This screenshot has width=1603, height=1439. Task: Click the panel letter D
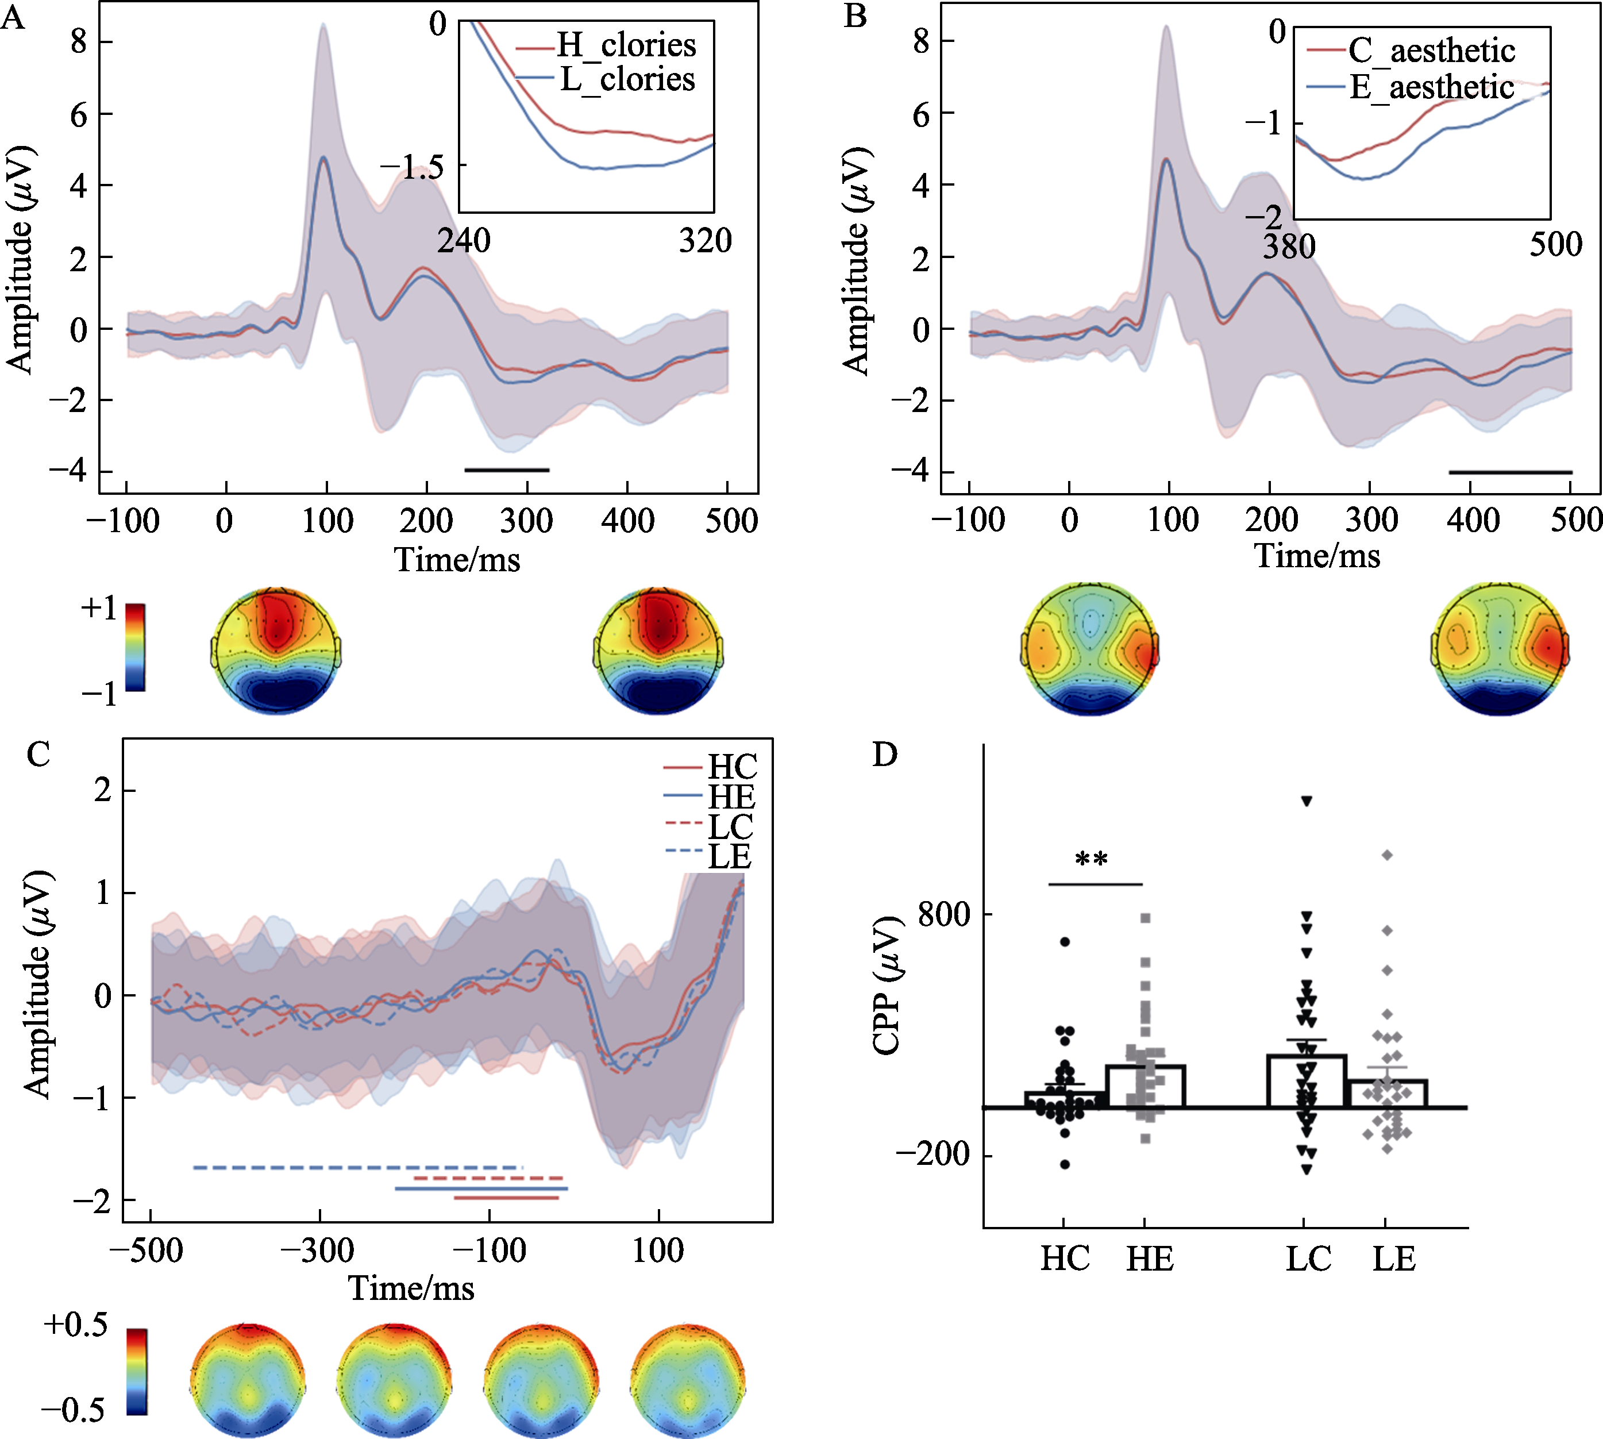(x=884, y=755)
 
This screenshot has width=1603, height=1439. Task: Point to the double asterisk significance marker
(x=1092, y=860)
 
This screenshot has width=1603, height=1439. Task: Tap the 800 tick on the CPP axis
(x=943, y=915)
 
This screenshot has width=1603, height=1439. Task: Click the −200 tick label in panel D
(x=932, y=1155)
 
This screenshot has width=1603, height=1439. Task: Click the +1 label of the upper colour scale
(x=99, y=608)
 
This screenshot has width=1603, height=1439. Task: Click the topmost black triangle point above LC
(x=1307, y=802)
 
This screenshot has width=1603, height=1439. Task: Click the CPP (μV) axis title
(x=887, y=986)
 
